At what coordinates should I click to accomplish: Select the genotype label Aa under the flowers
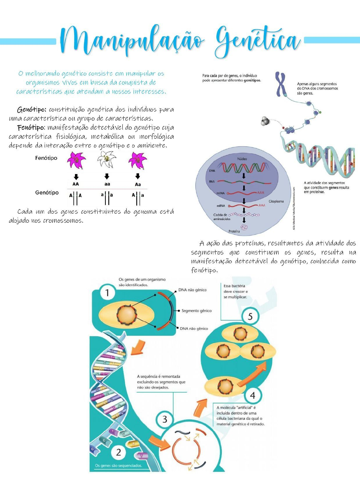tap(138, 184)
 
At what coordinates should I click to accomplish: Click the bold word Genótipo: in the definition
tap(31, 109)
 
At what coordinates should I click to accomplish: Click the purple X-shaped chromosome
tap(281, 84)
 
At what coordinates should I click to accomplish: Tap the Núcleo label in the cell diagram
tap(242, 159)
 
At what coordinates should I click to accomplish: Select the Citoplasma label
tap(276, 201)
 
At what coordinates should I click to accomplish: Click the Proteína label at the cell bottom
tap(234, 231)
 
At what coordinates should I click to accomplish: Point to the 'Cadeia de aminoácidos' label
tap(222, 217)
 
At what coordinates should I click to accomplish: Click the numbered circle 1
tap(107, 293)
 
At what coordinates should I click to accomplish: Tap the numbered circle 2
tap(118, 452)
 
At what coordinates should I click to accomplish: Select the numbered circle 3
tap(165, 419)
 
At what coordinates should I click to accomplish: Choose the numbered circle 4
tap(252, 395)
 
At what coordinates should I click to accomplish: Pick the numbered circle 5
tap(250, 316)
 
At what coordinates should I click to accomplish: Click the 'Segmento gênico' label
tap(196, 311)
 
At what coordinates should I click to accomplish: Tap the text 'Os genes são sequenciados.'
tap(118, 465)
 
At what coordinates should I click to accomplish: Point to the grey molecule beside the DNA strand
tap(265, 121)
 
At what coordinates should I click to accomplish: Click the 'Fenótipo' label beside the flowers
tap(46, 158)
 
